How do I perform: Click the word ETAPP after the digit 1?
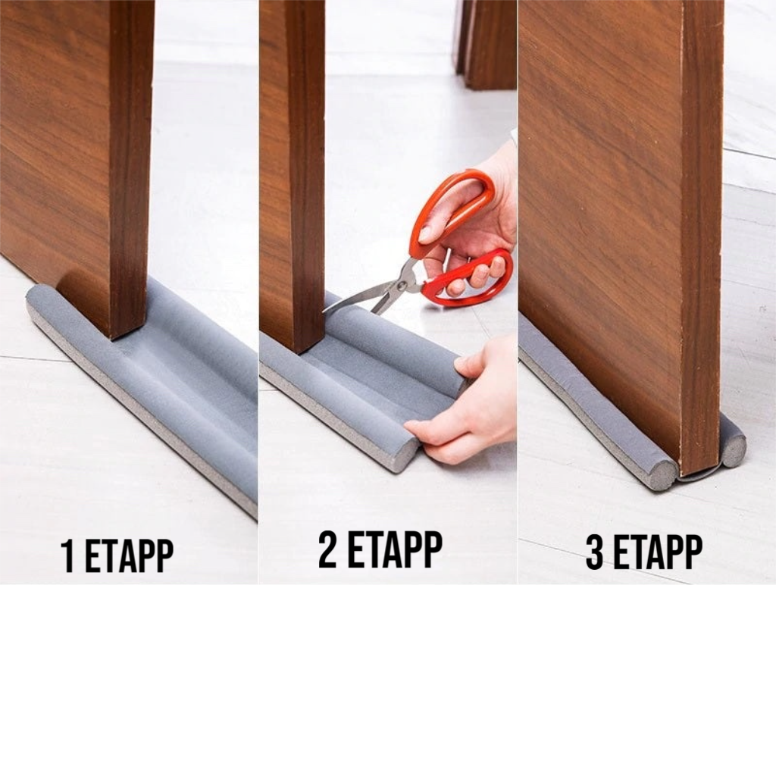pyautogui.click(x=129, y=555)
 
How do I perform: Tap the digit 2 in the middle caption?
pyautogui.click(x=328, y=550)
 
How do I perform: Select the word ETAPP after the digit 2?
pyautogui.click(x=394, y=550)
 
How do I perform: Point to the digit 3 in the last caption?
pyautogui.click(x=595, y=552)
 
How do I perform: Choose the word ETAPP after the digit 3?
pyautogui.click(x=658, y=552)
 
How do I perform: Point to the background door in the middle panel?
pyautogui.click(x=485, y=45)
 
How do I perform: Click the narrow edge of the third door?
pyautogui.click(x=702, y=233)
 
